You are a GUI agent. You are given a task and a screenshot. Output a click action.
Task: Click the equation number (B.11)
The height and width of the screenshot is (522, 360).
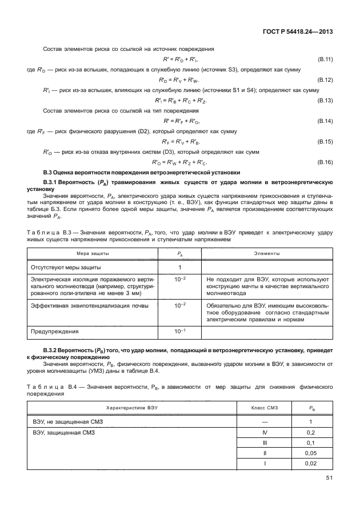click(325, 59)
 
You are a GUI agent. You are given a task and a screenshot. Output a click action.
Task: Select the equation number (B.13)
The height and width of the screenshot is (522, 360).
click(325, 101)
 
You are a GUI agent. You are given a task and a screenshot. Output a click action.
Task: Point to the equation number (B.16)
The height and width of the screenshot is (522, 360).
click(325, 162)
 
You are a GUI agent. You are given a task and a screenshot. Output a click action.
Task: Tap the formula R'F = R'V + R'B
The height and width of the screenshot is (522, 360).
click(175, 142)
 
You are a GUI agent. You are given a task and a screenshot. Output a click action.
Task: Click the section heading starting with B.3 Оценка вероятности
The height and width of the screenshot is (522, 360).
click(142, 173)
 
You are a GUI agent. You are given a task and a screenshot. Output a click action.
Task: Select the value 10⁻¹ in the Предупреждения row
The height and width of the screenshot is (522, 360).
click(179, 331)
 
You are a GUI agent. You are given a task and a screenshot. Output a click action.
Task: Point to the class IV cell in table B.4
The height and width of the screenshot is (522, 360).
click(265, 432)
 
